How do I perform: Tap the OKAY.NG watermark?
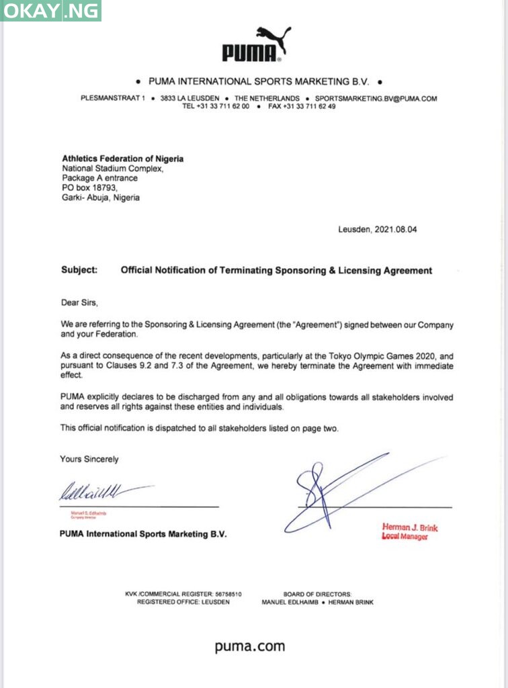[52, 11]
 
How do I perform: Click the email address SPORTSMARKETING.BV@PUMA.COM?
[376, 98]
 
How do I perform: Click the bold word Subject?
[79, 270]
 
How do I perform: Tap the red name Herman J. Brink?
[410, 527]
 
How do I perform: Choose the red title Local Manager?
[405, 537]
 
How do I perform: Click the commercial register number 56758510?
[228, 594]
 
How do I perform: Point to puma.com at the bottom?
[250, 646]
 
